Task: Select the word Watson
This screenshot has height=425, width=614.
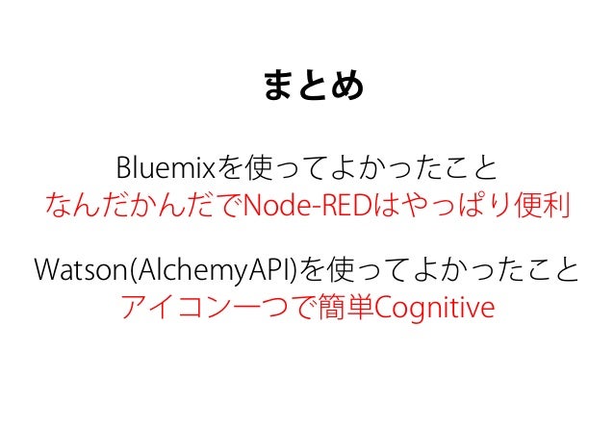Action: click(x=68, y=268)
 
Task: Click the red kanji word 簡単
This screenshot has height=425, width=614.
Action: click(x=342, y=310)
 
